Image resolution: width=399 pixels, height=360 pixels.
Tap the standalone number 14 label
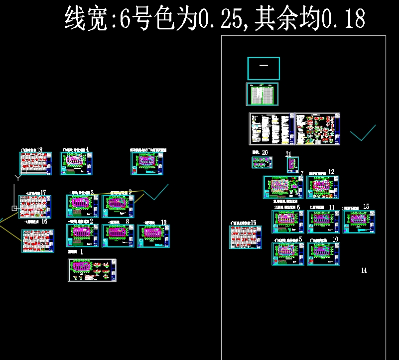364,270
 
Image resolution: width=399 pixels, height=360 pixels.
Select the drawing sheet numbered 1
92,270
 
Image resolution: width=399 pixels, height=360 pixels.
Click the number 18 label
39,149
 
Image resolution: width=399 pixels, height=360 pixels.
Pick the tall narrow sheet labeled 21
292,165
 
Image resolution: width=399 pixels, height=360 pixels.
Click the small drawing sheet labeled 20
262,162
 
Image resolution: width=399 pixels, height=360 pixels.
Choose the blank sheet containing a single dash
263,68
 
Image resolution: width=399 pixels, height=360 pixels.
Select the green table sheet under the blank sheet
262,94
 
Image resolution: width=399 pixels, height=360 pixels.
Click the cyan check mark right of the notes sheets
363,133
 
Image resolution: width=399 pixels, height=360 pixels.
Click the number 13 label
163,222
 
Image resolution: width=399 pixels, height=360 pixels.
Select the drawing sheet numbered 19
245,237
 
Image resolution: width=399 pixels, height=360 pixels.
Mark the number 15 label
366,206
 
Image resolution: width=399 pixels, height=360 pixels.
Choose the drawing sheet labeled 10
323,254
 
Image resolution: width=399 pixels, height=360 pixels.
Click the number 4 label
87,149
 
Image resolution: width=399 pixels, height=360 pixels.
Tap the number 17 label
43,192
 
